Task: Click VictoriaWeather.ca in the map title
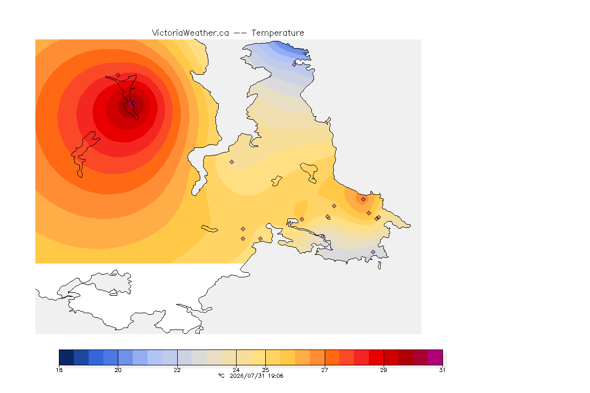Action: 191,33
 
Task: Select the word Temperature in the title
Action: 278,33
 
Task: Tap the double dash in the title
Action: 240,33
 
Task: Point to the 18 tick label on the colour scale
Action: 59,370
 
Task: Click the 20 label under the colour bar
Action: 118,370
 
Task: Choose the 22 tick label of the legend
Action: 177,370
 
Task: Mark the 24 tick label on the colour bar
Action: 236,370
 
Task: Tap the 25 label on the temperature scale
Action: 266,370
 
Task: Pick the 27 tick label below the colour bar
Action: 324,370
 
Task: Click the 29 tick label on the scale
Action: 384,370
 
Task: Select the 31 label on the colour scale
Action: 442,370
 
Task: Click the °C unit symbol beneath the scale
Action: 221,376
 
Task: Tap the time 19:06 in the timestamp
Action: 276,376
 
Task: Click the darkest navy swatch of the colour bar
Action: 66,357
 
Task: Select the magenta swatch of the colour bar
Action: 435,357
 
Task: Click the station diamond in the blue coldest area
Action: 294,64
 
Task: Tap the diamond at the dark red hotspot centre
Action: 133,103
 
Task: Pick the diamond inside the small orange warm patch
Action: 363,200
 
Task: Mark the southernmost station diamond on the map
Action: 373,252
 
